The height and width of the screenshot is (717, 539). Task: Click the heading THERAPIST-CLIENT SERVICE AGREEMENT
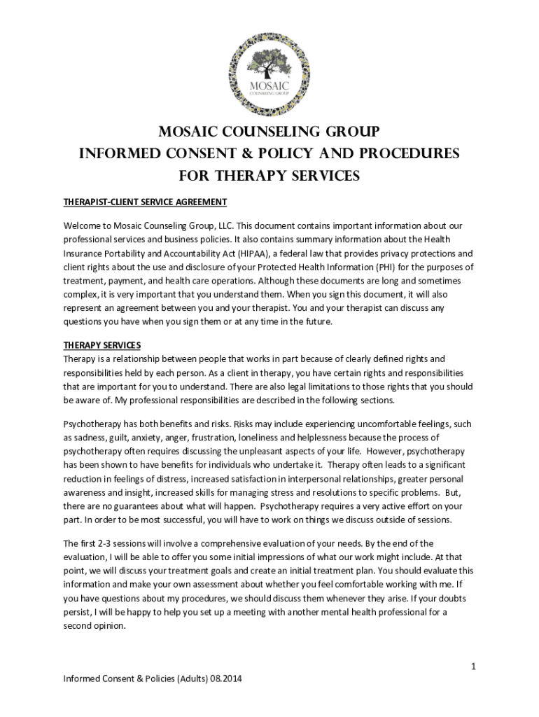tap(145, 202)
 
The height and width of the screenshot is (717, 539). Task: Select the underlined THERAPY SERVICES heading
tap(102, 345)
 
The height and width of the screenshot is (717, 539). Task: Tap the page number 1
tap(473, 667)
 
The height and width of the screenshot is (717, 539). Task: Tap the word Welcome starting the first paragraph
tap(83, 226)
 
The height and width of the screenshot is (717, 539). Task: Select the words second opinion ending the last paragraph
tap(94, 627)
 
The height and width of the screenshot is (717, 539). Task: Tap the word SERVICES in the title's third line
tap(321, 176)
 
